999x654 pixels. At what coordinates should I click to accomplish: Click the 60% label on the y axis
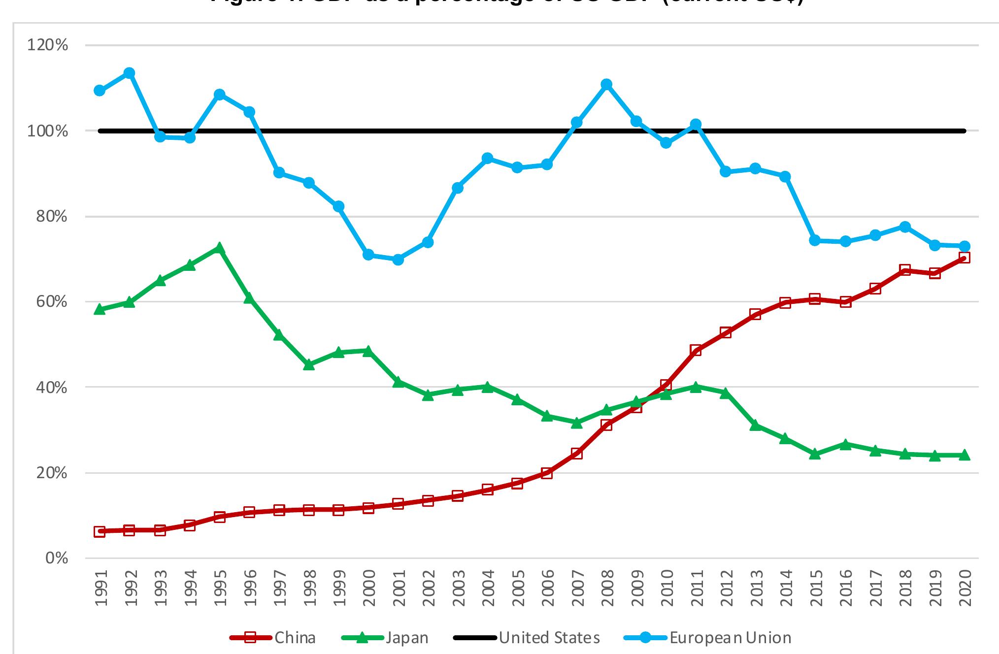51,302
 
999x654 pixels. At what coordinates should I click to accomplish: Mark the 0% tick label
56,558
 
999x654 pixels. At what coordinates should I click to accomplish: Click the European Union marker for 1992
130,73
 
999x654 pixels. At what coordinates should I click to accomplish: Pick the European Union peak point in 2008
606,84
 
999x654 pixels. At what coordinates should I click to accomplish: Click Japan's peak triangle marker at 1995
220,248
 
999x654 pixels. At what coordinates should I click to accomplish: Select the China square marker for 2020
964,258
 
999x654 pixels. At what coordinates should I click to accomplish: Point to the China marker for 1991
100,531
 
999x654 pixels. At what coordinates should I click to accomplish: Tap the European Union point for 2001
398,259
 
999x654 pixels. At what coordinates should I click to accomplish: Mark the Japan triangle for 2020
964,455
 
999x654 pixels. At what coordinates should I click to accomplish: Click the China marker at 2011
696,351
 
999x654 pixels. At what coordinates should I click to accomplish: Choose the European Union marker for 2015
815,240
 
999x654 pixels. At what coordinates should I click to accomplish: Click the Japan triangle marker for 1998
309,365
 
